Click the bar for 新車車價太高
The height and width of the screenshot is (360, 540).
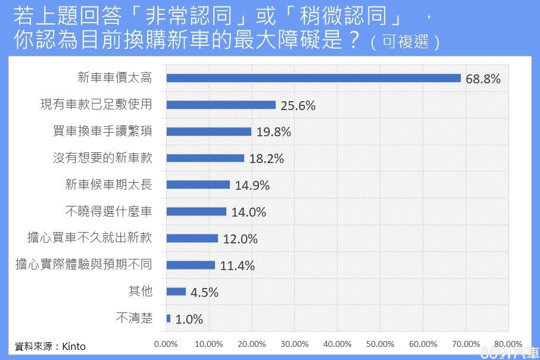tap(314, 79)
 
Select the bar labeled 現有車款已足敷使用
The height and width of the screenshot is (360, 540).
tap(221, 105)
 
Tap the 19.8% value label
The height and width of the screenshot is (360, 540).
tap(274, 132)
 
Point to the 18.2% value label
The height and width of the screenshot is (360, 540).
tap(267, 159)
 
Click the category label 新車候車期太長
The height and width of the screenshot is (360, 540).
tap(109, 184)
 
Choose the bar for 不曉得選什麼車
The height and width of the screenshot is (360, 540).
tap(196, 211)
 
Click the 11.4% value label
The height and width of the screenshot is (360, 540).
tap(238, 265)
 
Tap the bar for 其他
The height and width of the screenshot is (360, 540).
tap(176, 292)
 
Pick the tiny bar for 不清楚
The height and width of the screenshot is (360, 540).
tap(168, 318)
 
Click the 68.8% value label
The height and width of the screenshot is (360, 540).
tap(483, 79)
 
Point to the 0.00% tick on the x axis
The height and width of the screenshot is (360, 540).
tap(166, 344)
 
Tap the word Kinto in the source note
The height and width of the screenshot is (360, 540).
tap(74, 346)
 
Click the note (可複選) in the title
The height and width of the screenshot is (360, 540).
tap(405, 43)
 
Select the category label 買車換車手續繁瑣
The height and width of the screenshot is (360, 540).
tap(102, 132)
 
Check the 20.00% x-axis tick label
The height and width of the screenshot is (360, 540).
tap(252, 344)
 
